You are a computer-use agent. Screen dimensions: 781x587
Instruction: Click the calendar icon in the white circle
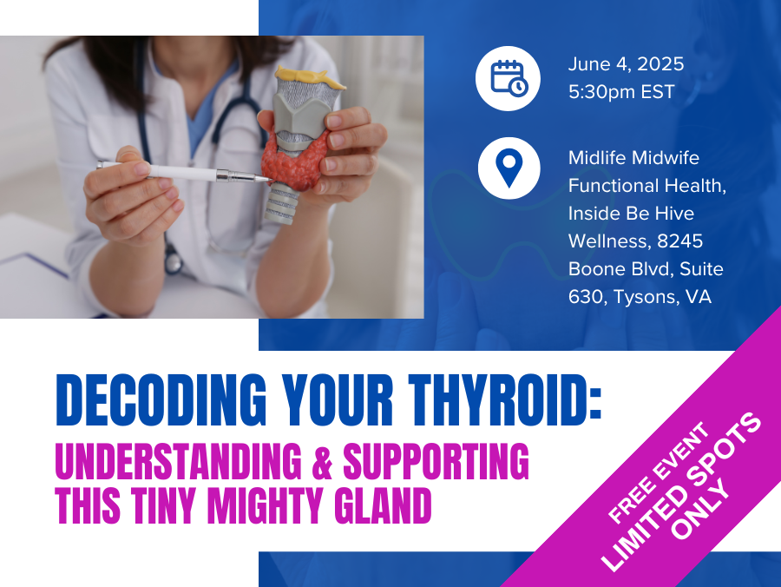click(509, 78)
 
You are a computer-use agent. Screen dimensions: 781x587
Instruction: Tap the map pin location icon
click(509, 168)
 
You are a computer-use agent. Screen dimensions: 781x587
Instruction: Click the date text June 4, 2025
click(626, 64)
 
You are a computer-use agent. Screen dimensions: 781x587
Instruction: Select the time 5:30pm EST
click(621, 92)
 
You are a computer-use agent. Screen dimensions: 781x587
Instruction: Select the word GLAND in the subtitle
click(383, 505)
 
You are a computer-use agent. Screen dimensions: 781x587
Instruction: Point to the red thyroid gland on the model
click(294, 160)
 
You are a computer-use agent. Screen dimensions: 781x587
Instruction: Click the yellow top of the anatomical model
click(309, 76)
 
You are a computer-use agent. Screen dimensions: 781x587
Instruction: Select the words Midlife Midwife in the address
click(633, 158)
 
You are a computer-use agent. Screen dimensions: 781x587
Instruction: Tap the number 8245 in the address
click(679, 241)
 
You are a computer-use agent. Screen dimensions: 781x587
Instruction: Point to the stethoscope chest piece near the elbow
click(173, 262)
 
